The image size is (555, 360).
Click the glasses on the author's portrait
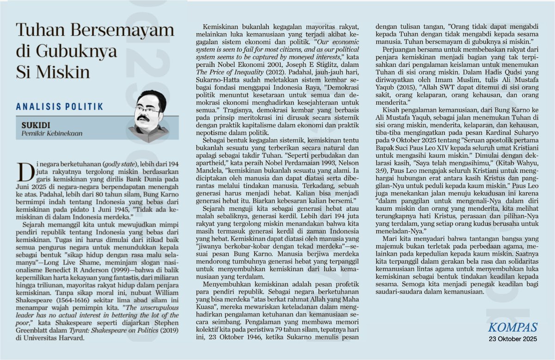point(148,110)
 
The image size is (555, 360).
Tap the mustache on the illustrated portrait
point(144,119)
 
